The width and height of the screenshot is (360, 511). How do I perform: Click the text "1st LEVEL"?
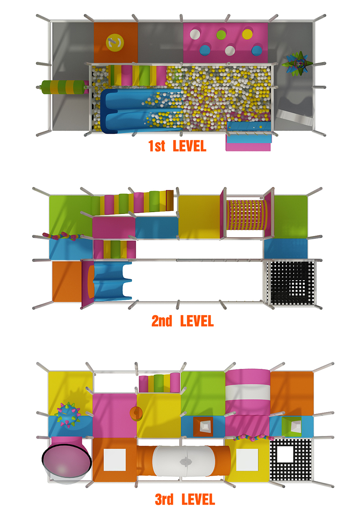(177, 146)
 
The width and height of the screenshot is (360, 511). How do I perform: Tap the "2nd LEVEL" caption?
(183, 321)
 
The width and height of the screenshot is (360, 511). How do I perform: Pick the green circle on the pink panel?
(221, 34)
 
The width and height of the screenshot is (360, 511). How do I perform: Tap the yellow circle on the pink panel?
(247, 34)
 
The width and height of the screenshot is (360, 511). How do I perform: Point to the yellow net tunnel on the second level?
(247, 215)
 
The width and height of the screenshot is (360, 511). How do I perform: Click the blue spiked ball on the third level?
(68, 414)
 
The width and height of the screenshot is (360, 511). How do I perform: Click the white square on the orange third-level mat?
(114, 459)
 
